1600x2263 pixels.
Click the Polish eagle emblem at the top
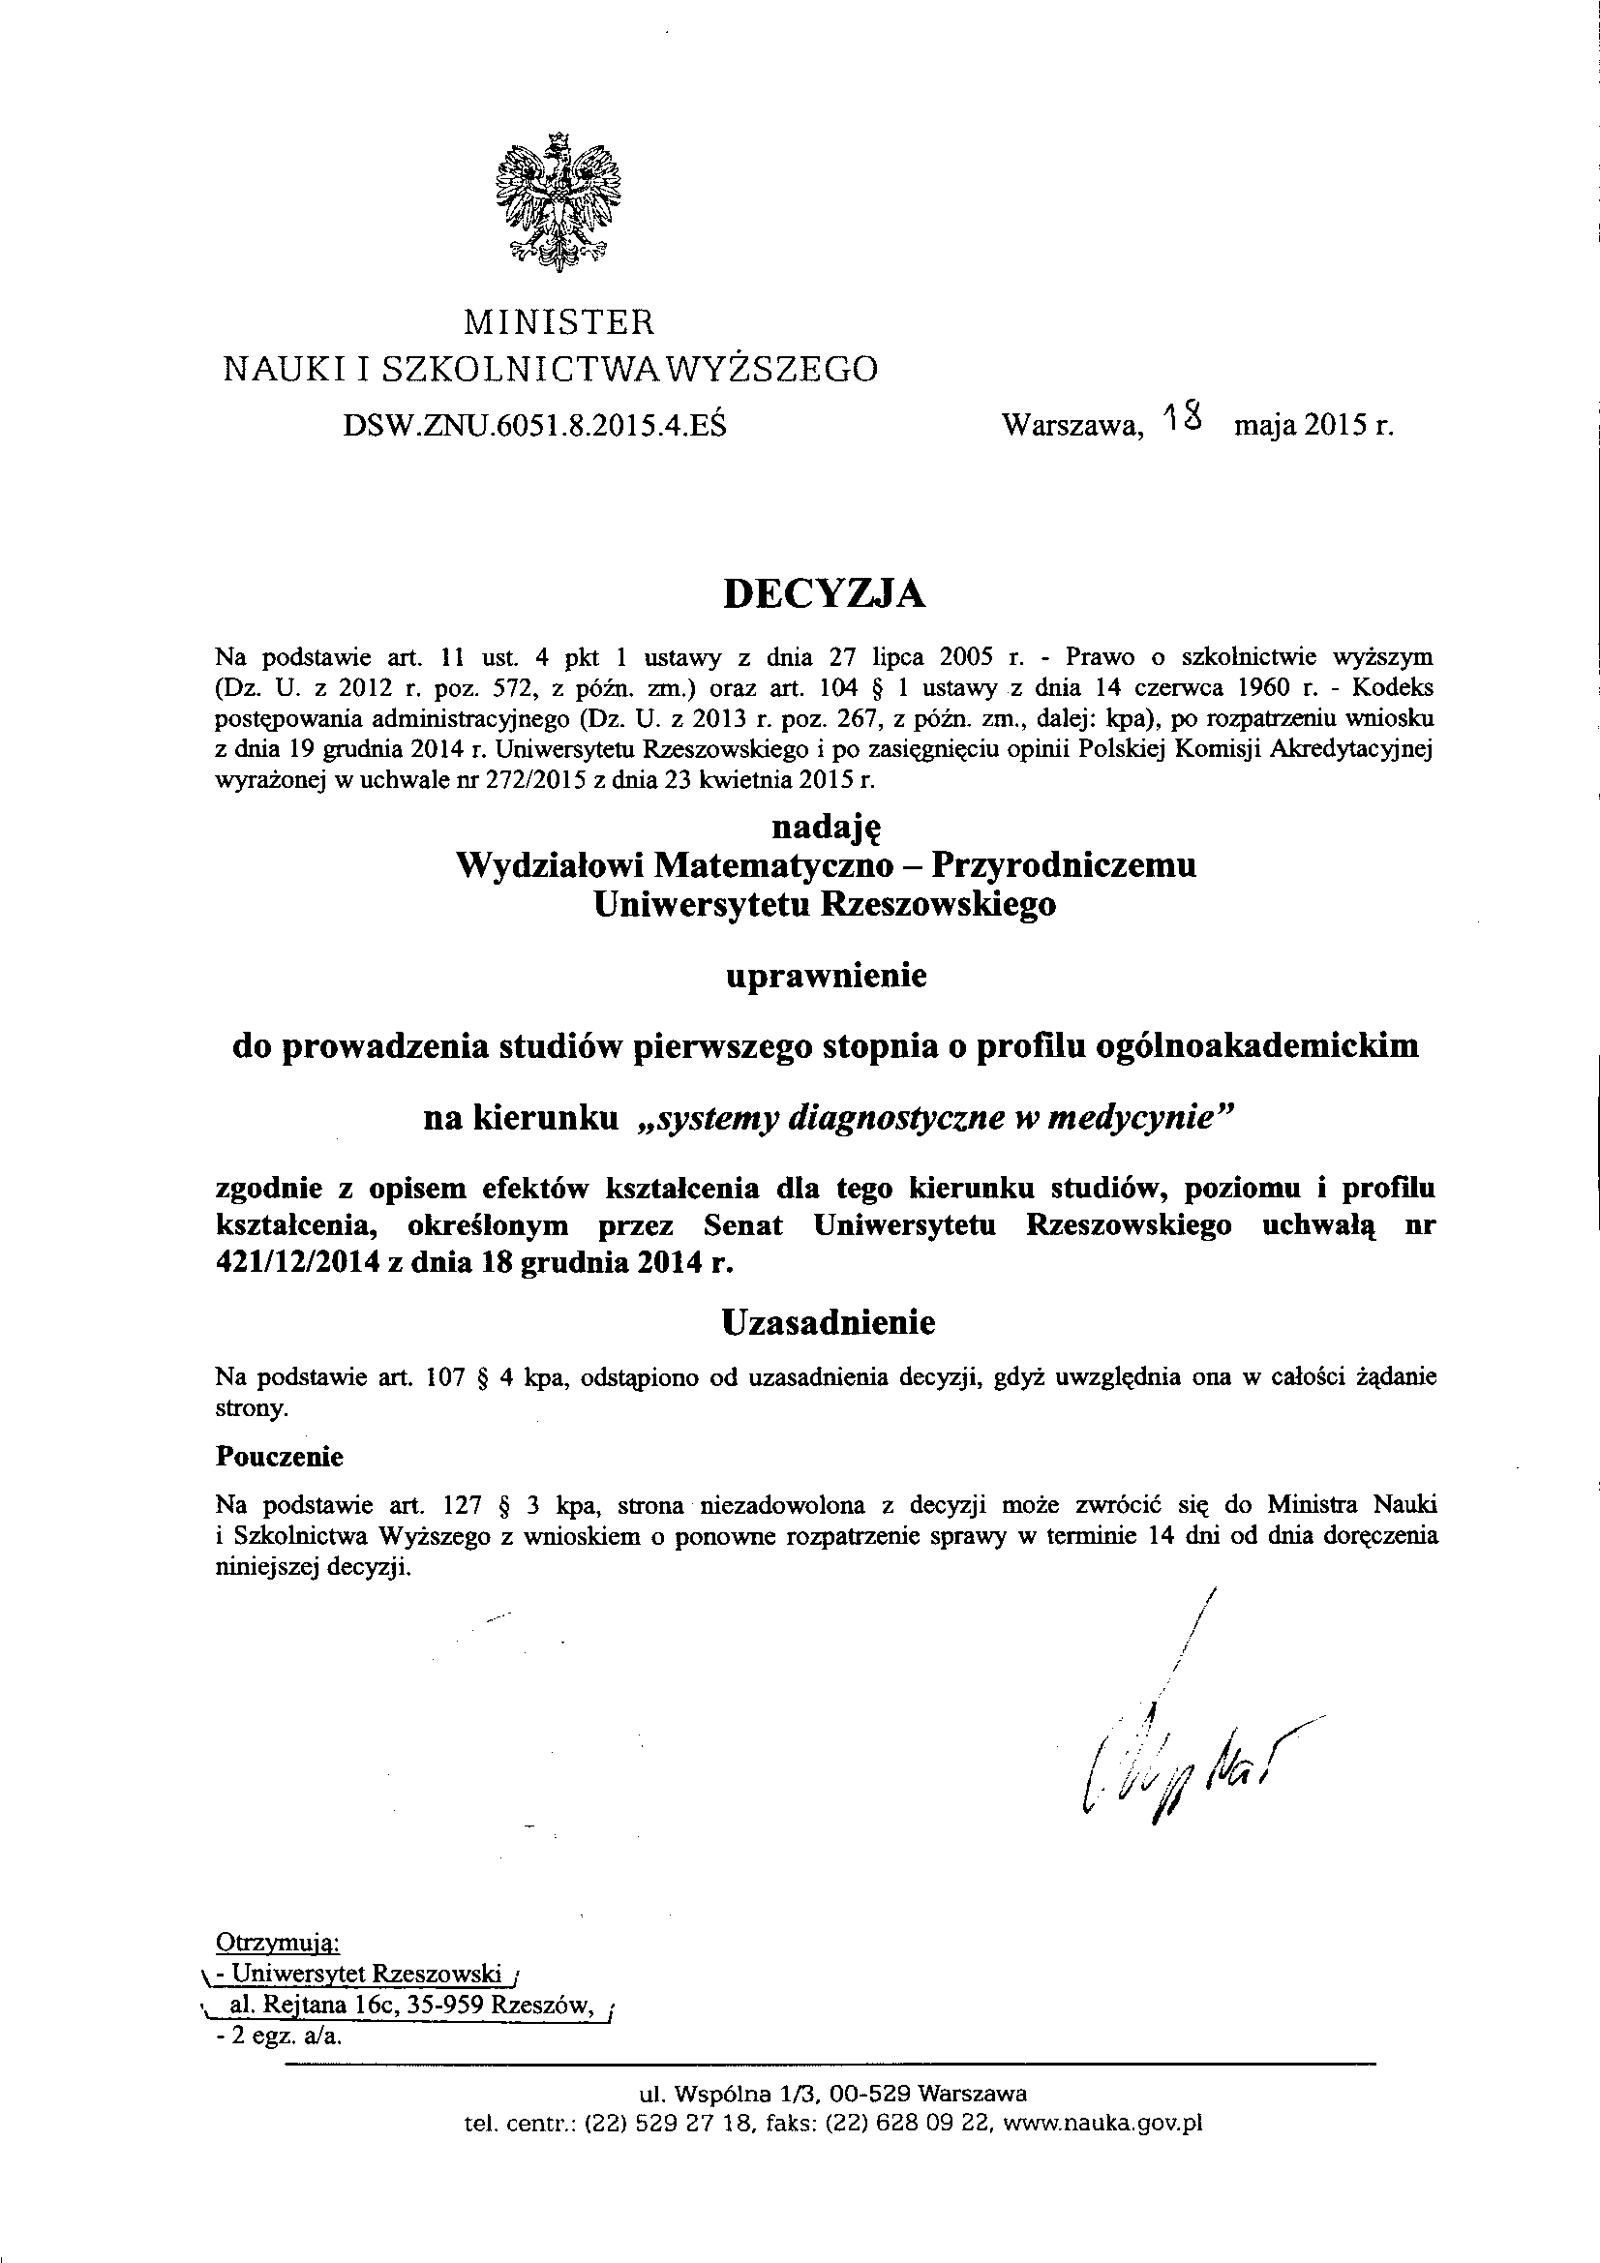tap(558, 200)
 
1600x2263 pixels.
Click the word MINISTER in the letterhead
tap(558, 322)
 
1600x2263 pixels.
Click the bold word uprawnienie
tap(826, 976)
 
